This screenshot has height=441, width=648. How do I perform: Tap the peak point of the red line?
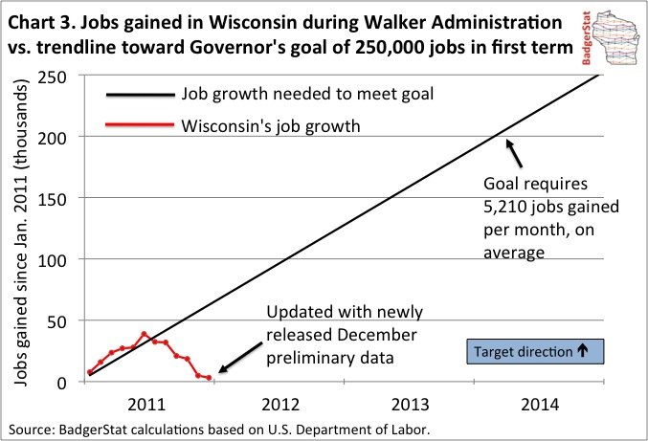point(144,335)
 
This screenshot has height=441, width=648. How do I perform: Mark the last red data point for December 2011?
point(208,379)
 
